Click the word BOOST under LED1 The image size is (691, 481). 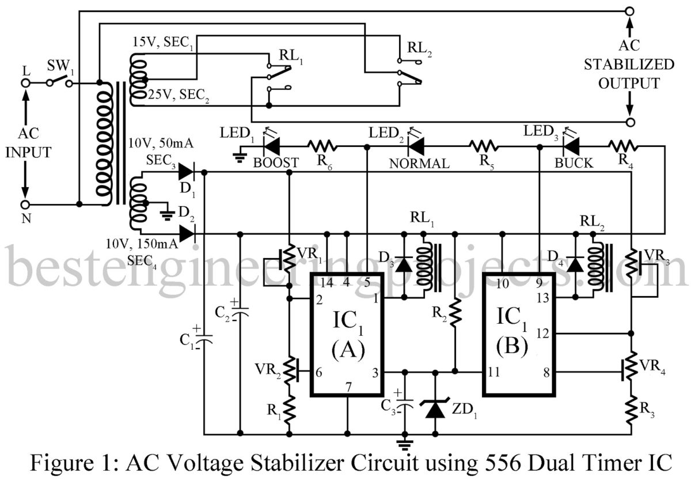pyautogui.click(x=276, y=163)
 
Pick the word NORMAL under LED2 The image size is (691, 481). pyautogui.click(x=419, y=164)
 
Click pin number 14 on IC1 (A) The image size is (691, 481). pyautogui.click(x=326, y=283)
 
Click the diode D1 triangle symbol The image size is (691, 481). pyautogui.click(x=187, y=171)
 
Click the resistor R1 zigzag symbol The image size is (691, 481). pyautogui.click(x=289, y=411)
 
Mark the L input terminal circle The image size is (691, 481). pyautogui.click(x=25, y=83)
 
